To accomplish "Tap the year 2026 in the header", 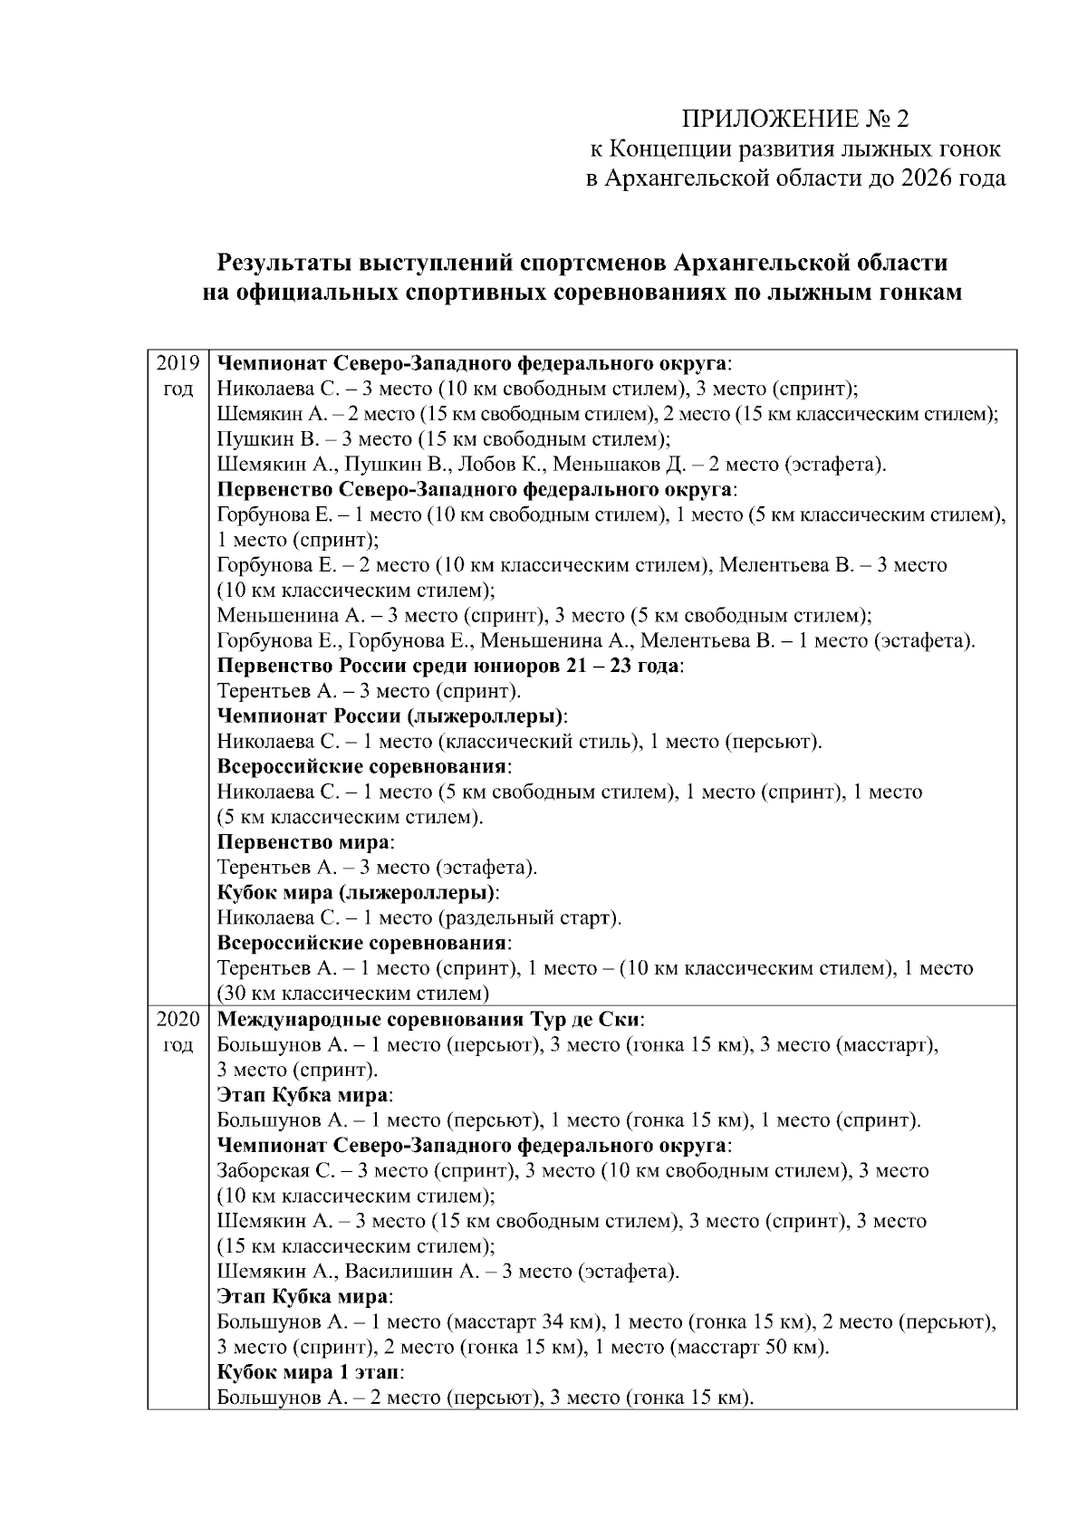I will [928, 178].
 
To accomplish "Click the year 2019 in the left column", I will [178, 364].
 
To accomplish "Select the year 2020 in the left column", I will [178, 1019].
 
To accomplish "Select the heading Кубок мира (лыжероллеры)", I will [357, 892].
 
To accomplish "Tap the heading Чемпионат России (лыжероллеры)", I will [390, 716].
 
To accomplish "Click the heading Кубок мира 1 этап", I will [309, 1372].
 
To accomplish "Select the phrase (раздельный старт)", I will [530, 917].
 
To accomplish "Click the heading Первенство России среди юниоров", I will [405, 666].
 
